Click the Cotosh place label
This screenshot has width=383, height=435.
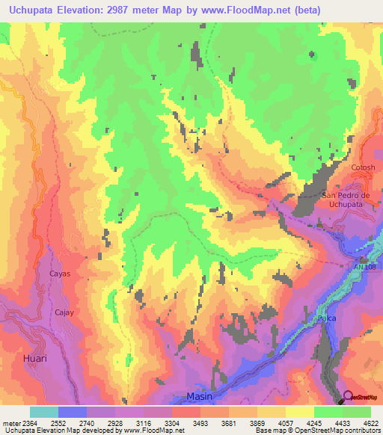click(x=363, y=168)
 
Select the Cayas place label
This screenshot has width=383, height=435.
click(x=60, y=274)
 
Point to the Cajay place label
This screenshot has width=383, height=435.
click(x=64, y=312)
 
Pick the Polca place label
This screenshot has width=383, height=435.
click(x=326, y=318)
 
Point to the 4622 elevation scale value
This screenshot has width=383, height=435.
click(x=368, y=423)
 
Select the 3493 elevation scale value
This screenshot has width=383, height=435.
click(x=197, y=423)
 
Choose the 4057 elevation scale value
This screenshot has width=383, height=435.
click(x=283, y=423)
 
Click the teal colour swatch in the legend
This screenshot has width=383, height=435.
click(x=44, y=412)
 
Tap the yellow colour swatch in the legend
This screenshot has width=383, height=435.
click(x=299, y=412)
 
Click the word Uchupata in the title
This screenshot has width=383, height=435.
click(x=33, y=10)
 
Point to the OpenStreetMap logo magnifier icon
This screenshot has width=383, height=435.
click(x=348, y=397)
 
